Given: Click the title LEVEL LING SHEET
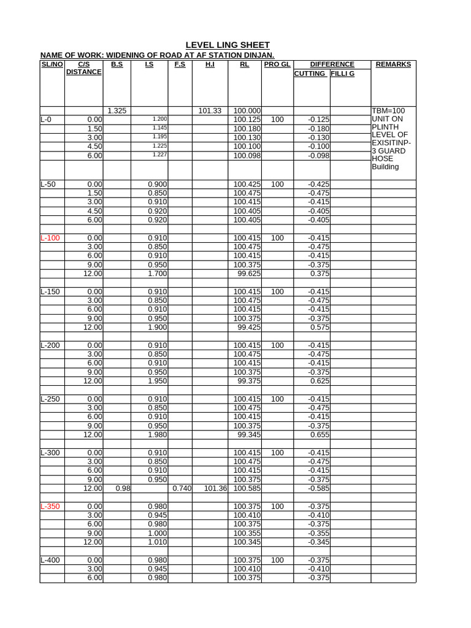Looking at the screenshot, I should coord(228,45).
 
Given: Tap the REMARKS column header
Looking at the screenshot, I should coord(393,64).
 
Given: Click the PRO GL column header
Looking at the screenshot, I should coord(277,64).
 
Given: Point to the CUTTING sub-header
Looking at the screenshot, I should coord(310,74).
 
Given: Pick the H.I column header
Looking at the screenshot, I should coord(210,64).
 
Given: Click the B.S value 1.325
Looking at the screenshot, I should coord(117,111).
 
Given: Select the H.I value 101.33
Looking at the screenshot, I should coord(210,111).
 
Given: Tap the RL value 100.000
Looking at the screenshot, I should coord(247,111).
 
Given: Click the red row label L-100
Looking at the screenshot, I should coord(50,237).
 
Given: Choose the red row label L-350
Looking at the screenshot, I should coord(50,507).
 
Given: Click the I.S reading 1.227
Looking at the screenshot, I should coord(159,156).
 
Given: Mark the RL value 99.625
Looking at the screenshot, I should coord(249,274).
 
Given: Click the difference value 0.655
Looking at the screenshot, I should coord(320,435).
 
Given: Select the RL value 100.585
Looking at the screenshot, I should coord(247,489).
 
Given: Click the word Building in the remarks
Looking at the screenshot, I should coord(385,167).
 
